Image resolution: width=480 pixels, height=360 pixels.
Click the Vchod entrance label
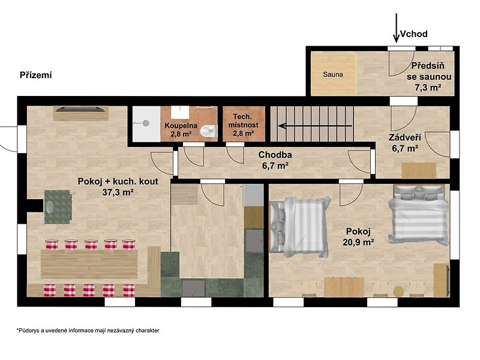(413, 34)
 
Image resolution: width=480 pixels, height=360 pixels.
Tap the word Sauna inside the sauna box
(333, 74)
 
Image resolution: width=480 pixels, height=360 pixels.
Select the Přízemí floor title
(36, 75)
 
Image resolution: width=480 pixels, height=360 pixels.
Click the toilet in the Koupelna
(209, 131)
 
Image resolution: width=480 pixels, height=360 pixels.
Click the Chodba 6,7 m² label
(275, 160)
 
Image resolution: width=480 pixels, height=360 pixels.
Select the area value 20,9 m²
(358, 242)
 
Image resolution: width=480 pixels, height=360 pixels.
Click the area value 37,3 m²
(118, 192)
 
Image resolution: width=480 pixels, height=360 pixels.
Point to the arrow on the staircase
(315, 125)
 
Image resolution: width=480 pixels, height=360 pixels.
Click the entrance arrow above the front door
(397, 28)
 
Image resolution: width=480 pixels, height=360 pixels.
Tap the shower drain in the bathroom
(146, 123)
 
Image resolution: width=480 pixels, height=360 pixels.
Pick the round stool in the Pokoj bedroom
(398, 291)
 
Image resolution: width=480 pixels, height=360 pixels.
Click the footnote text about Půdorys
(88, 331)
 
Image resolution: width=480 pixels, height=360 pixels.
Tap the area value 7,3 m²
(428, 87)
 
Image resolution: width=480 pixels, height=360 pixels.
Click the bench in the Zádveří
(419, 170)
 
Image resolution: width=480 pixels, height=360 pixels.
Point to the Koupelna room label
(181, 125)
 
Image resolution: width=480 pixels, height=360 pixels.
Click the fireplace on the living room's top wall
(81, 113)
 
